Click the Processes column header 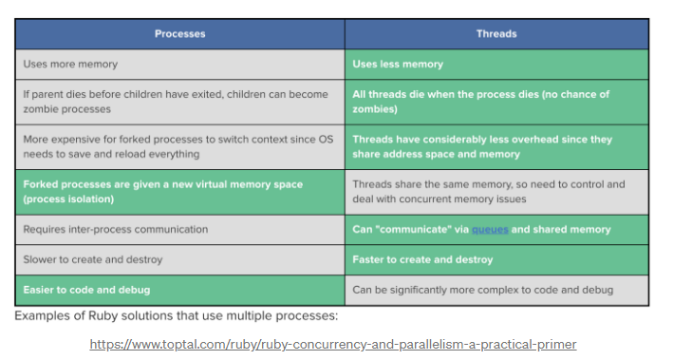(x=179, y=34)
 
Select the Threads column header (x=495, y=34)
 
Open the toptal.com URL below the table (x=332, y=344)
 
